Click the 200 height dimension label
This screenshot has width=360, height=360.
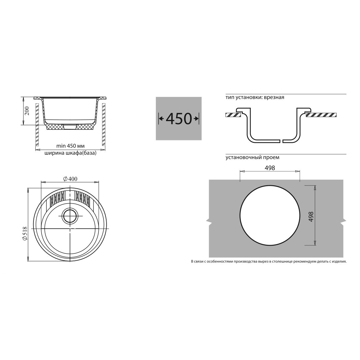pyautogui.click(x=27, y=111)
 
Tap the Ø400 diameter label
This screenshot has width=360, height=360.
pyautogui.click(x=70, y=179)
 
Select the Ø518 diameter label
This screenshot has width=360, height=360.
pyautogui.click(x=25, y=234)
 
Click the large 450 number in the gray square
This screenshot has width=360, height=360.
pyautogui.click(x=179, y=118)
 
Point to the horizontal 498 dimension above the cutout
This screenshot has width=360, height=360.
pyautogui.click(x=270, y=168)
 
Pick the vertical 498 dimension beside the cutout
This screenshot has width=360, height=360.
pyautogui.click(x=311, y=217)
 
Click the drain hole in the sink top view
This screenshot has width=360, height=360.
pyautogui.click(x=70, y=216)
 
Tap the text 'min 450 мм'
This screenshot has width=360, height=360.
pyautogui.click(x=70, y=146)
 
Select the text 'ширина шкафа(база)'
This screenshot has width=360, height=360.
pyautogui.click(x=70, y=153)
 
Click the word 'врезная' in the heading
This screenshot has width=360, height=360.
pyautogui.click(x=274, y=97)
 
